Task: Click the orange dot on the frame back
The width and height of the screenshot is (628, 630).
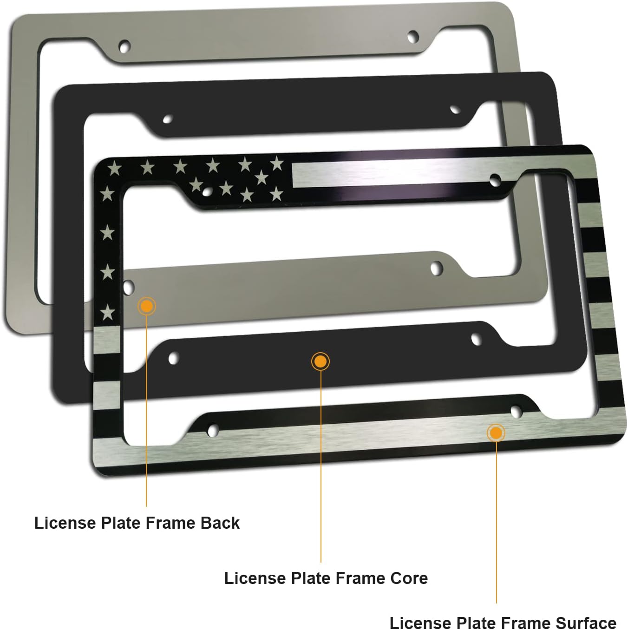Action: point(147,306)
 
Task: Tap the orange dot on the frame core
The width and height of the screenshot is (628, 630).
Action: point(321,361)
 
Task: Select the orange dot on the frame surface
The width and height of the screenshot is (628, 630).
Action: point(496,433)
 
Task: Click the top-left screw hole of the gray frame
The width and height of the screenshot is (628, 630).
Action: point(124,46)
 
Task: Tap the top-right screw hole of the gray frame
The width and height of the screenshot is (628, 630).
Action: point(412,36)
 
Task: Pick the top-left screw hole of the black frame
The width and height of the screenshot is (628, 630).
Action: point(168,119)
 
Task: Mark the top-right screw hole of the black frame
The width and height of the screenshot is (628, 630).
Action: point(455,110)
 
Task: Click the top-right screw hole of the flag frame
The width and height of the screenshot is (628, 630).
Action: point(495,179)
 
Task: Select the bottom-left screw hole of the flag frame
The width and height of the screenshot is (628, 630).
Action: point(213,430)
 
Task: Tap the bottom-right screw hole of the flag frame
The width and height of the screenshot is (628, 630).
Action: point(516,411)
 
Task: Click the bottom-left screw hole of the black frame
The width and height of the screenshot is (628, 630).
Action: point(173,358)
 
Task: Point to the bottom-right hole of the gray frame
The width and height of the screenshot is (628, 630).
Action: point(437,268)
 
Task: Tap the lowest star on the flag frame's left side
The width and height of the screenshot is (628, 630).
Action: point(108,312)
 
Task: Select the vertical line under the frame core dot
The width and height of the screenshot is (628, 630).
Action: point(321,465)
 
